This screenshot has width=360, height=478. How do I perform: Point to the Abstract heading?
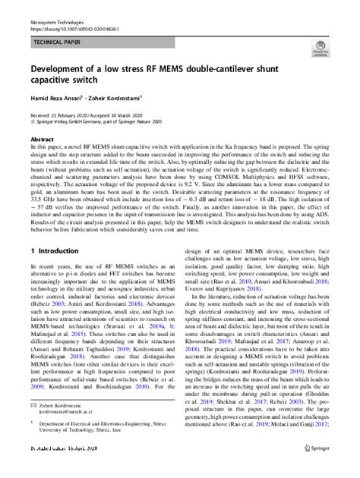pos(42,141)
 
